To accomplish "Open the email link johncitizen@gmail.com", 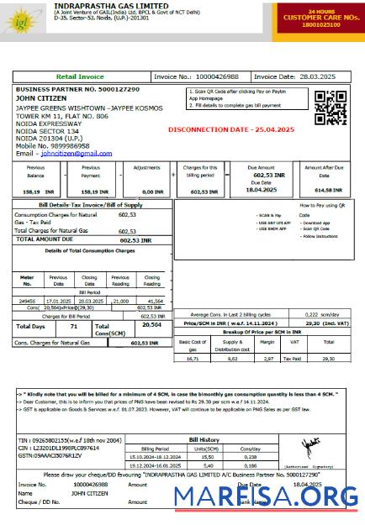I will point(77,154).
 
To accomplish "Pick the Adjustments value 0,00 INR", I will point(152,192).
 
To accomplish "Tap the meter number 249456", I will point(28,300).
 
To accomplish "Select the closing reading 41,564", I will point(154,300).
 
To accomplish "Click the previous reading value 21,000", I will point(121,300).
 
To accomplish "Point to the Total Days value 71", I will point(74,326).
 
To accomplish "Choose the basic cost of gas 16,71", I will point(192,358).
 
